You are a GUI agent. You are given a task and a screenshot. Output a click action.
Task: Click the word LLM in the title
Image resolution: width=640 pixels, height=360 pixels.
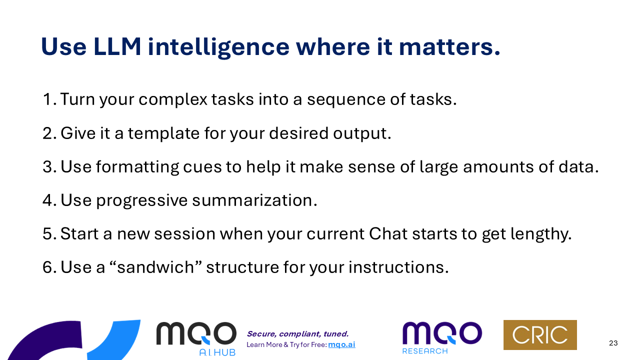coord(117,46)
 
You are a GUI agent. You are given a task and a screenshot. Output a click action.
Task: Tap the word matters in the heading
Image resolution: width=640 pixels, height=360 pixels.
coord(449,46)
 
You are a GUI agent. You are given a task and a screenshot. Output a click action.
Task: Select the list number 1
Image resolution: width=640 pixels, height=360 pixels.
coord(49,99)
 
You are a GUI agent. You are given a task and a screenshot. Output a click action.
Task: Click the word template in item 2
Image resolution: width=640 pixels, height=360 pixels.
coord(163,133)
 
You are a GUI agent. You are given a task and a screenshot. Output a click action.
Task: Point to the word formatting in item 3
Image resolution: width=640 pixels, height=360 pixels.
coord(137,167)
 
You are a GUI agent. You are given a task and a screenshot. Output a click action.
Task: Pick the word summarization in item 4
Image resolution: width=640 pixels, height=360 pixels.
coord(254,200)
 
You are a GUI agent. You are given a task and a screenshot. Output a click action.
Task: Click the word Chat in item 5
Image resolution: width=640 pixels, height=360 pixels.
coord(388,233)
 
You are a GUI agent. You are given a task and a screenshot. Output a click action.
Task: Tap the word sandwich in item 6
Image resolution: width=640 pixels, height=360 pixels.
coord(155,267)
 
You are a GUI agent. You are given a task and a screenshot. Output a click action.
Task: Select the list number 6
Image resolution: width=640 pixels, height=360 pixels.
coord(49,267)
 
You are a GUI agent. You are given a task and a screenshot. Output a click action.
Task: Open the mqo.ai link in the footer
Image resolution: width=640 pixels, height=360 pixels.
coord(341,344)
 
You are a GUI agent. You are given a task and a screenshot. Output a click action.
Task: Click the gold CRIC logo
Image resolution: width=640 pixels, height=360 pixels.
coord(540,335)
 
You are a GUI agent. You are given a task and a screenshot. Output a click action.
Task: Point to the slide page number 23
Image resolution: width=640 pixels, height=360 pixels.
coord(613,343)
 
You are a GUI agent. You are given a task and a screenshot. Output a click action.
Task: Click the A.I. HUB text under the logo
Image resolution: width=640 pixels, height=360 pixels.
coord(217,352)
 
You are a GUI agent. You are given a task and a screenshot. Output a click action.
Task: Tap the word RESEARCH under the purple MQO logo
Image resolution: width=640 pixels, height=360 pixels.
coord(425,351)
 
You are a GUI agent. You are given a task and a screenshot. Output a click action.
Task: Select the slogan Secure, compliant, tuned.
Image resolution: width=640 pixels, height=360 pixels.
coord(297,334)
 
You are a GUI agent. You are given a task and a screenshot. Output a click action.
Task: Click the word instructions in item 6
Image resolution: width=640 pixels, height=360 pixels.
coord(398,267)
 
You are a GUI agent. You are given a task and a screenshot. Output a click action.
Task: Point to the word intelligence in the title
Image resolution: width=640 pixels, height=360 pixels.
coord(218,47)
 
